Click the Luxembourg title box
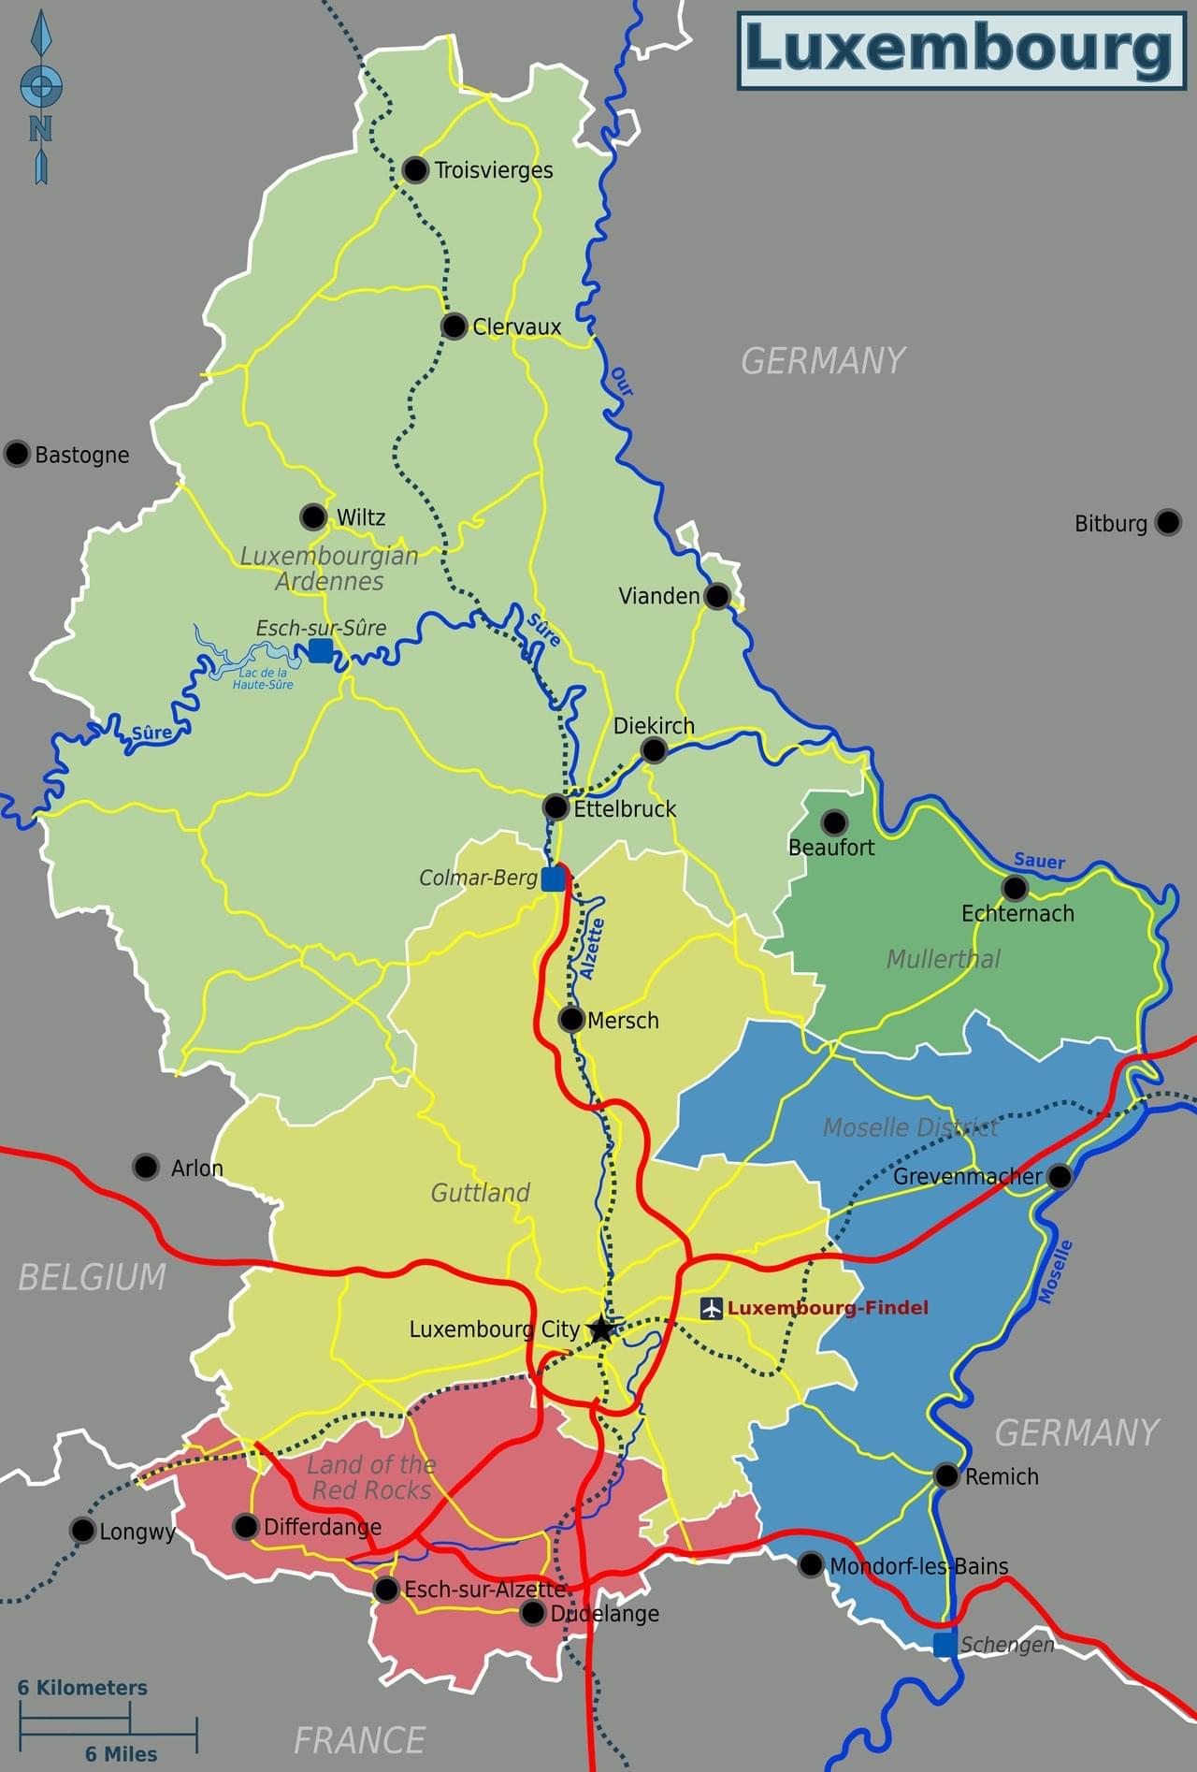(960, 51)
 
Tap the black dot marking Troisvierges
(415, 170)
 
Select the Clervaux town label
(516, 327)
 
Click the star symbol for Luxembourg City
(601, 1329)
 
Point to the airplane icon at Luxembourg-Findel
(712, 1308)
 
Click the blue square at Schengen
(945, 1644)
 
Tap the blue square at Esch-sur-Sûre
(320, 650)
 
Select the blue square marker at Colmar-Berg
(554, 879)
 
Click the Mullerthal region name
(943, 959)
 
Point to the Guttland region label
(480, 1193)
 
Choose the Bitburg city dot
(1167, 522)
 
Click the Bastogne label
(82, 456)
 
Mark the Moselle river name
(1055, 1271)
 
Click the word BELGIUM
(92, 1277)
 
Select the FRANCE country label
(359, 1740)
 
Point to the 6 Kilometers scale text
(82, 1688)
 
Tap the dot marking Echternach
(1014, 887)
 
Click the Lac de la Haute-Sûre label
(263, 678)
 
